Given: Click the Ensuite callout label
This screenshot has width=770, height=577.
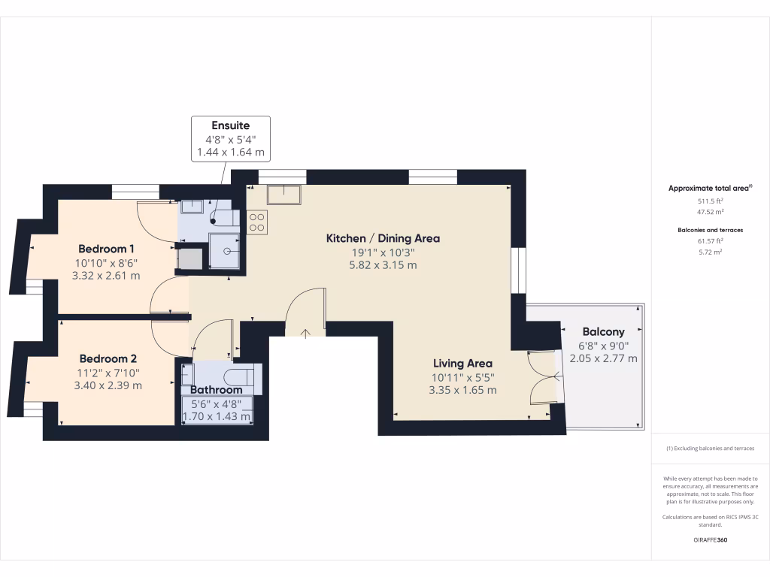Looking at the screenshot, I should pyautogui.click(x=230, y=125).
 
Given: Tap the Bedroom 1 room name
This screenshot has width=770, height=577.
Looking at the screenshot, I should pyautogui.click(x=106, y=249).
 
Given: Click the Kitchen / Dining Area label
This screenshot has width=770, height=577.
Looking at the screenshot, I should pyautogui.click(x=383, y=238).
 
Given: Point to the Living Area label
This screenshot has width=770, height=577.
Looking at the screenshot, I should pyautogui.click(x=462, y=363).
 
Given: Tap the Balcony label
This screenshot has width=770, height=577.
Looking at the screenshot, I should pyautogui.click(x=603, y=331).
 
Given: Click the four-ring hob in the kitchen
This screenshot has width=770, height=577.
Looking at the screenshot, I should pyautogui.click(x=256, y=222).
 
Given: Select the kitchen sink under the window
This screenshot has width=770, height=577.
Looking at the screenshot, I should pyautogui.click(x=283, y=195).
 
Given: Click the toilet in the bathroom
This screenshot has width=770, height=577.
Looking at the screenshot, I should pyautogui.click(x=242, y=375).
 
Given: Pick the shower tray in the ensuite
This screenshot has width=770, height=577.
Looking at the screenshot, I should pyautogui.click(x=225, y=249).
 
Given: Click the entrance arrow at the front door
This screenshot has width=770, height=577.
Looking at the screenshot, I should pyautogui.click(x=306, y=332).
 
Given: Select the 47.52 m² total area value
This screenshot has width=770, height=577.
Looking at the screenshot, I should pyautogui.click(x=710, y=213).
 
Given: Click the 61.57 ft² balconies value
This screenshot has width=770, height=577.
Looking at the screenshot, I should pyautogui.click(x=710, y=240).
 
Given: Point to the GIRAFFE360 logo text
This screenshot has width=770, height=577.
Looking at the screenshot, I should pyautogui.click(x=710, y=540).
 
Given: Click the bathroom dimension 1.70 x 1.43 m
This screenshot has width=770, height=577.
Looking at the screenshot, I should pyautogui.click(x=217, y=415).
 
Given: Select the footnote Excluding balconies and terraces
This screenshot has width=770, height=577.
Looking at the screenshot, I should pyautogui.click(x=710, y=449).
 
